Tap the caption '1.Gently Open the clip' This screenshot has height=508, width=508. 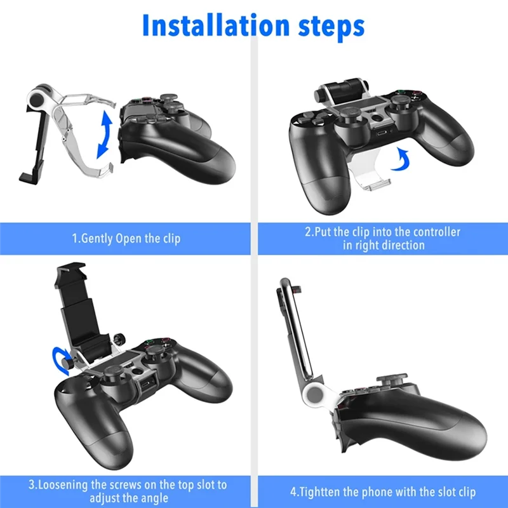click(126, 239)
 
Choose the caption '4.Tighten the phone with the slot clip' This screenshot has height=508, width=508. click(383, 492)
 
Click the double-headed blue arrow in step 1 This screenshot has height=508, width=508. click(104, 135)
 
